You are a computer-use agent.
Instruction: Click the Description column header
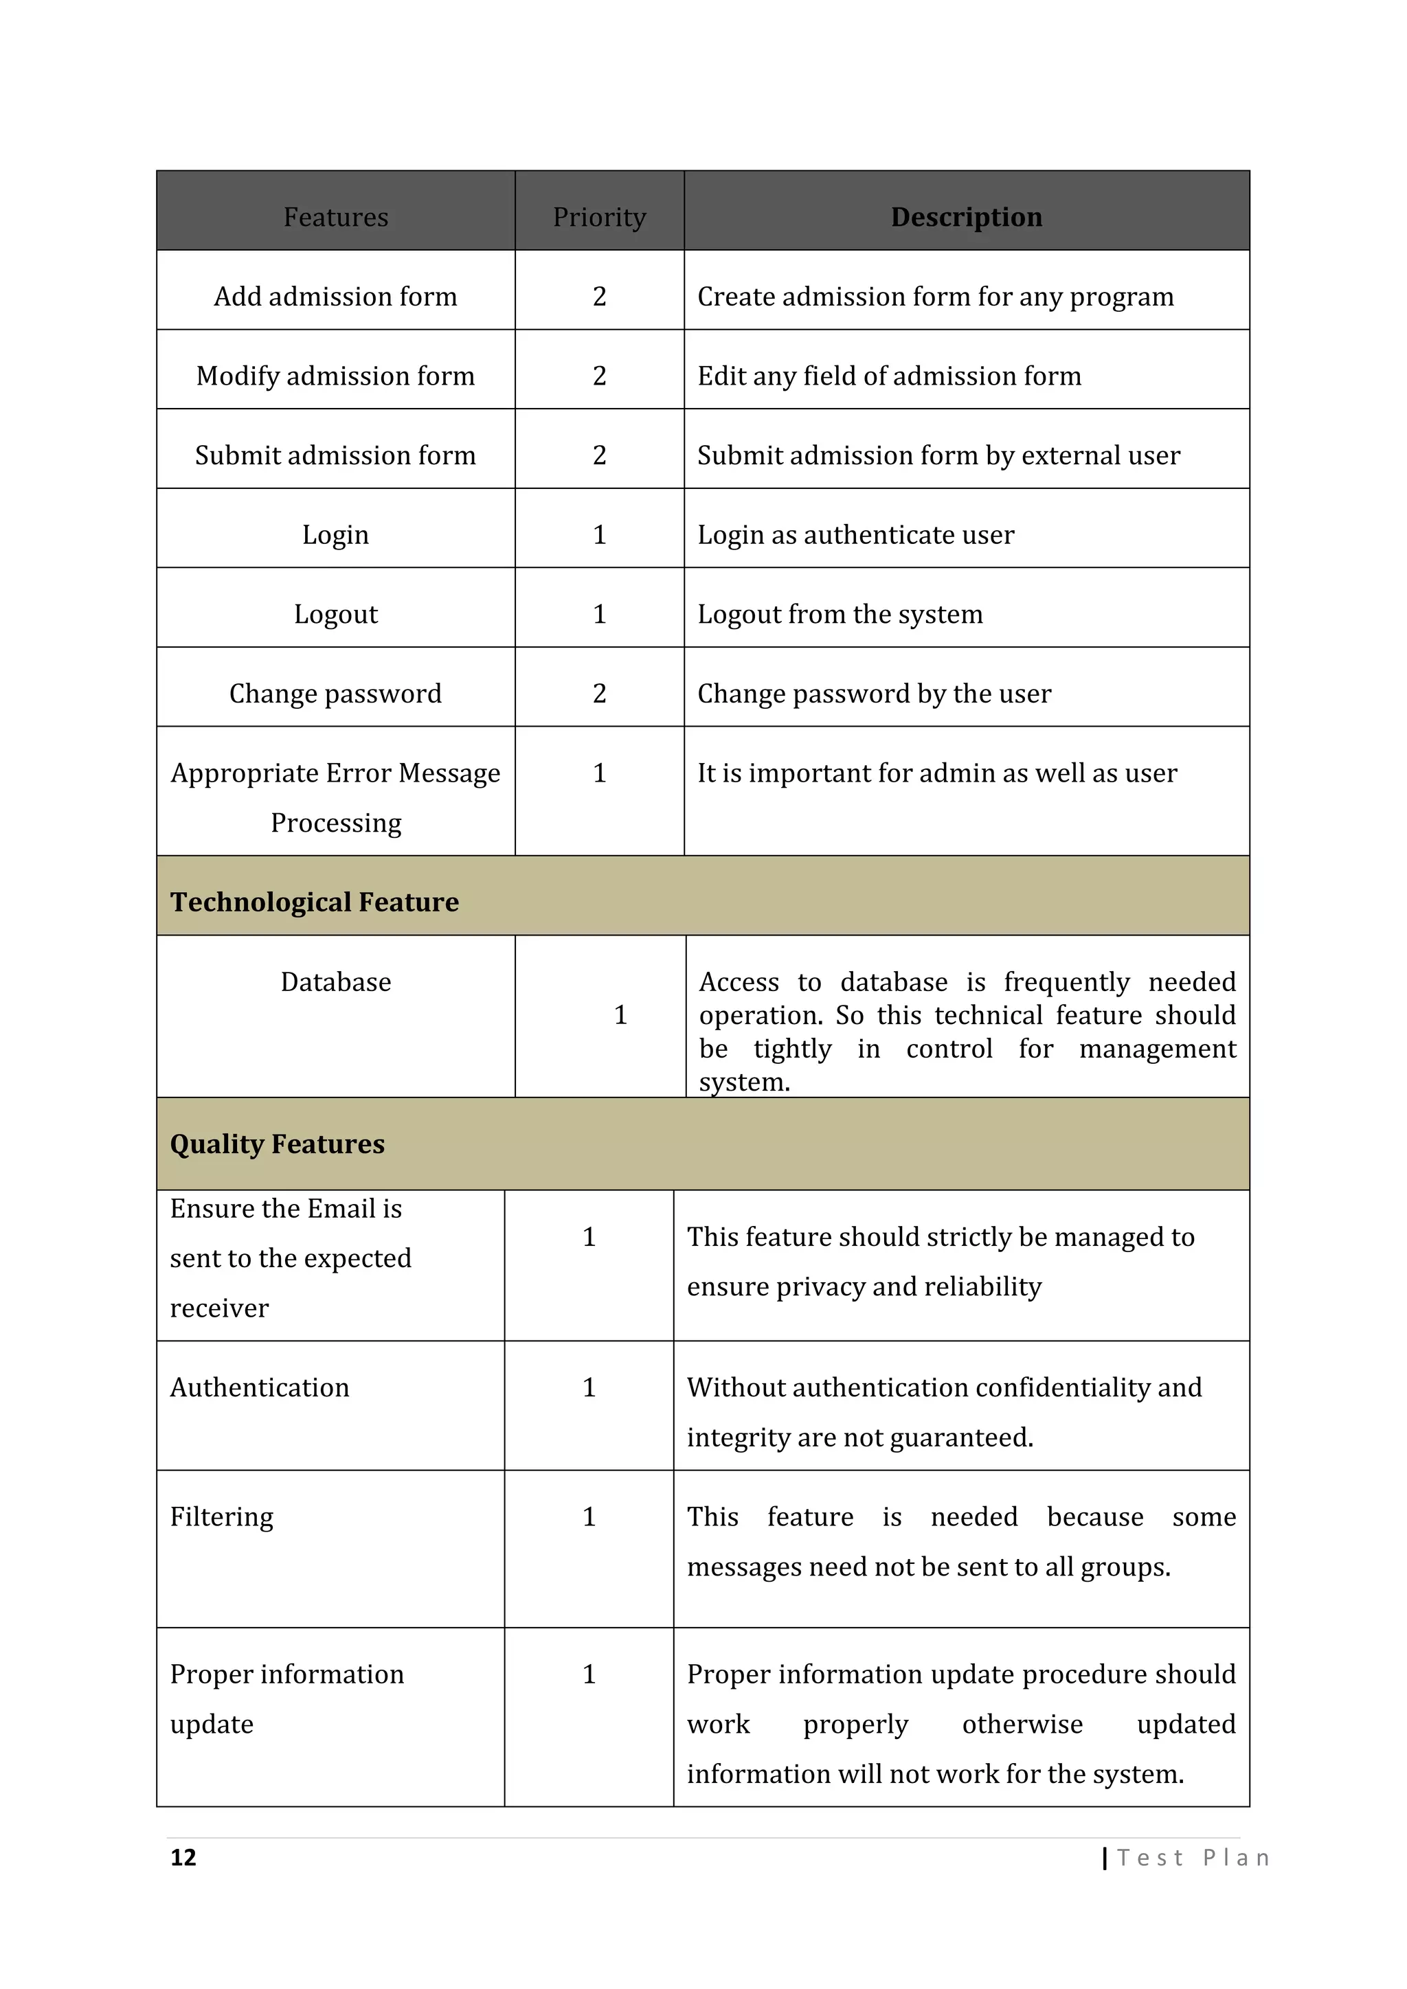click(x=966, y=216)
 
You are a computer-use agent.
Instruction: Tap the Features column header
click(x=335, y=216)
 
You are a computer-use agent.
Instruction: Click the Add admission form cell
click(x=335, y=296)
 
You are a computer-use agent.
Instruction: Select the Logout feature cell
click(x=335, y=614)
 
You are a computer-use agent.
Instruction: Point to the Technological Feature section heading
click(x=314, y=902)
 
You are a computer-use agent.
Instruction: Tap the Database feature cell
click(x=335, y=981)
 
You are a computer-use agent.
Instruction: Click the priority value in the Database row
click(x=620, y=1014)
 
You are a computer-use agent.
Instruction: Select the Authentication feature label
click(x=259, y=1387)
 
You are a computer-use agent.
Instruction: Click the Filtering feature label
click(x=221, y=1517)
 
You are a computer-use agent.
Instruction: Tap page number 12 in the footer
click(x=183, y=1857)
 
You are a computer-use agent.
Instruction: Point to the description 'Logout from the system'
click(x=840, y=614)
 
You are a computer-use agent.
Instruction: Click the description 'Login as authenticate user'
click(x=855, y=534)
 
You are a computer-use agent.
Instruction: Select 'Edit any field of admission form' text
click(x=889, y=376)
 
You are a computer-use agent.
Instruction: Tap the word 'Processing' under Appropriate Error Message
click(x=335, y=823)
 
